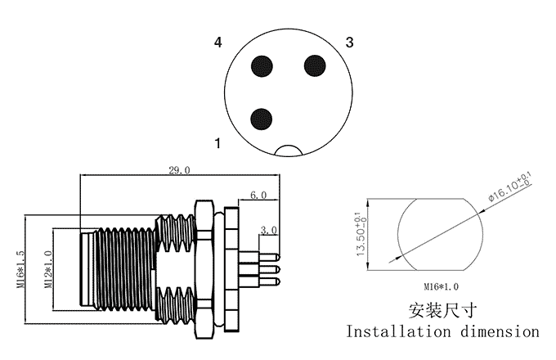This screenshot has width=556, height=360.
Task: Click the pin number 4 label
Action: click(x=218, y=42)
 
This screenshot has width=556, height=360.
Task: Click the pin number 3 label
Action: click(x=349, y=42)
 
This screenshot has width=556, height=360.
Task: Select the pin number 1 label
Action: click(x=218, y=144)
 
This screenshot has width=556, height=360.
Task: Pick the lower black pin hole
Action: click(x=262, y=119)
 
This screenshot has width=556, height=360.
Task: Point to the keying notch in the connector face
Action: click(x=289, y=151)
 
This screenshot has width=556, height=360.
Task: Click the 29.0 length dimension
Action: click(x=179, y=170)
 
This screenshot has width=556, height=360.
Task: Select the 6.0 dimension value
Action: click(x=258, y=196)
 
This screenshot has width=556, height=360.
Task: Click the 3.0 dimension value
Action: click(x=268, y=231)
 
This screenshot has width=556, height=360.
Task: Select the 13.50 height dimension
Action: click(x=359, y=235)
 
